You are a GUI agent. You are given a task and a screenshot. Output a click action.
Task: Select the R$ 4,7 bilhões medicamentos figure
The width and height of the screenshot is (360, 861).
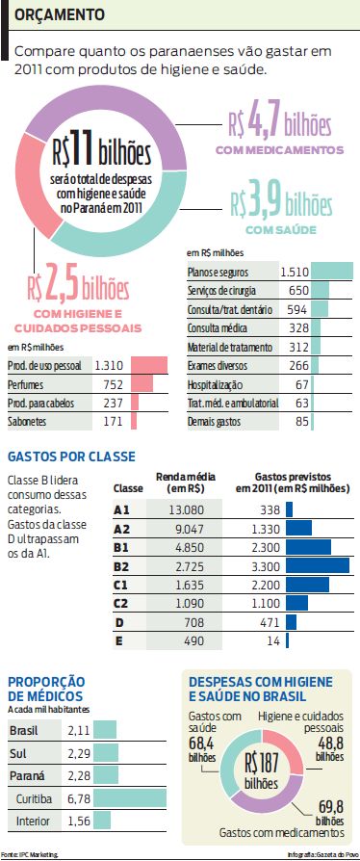click(279, 124)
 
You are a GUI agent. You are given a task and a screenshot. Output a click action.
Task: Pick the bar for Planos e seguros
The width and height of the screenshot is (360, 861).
click(332, 272)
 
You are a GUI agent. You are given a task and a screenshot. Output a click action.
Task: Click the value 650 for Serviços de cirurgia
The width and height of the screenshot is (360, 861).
click(297, 290)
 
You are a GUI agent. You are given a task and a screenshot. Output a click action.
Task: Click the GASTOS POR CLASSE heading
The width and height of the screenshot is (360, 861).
click(71, 457)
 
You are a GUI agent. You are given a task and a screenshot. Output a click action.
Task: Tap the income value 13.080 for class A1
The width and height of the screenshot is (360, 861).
click(184, 509)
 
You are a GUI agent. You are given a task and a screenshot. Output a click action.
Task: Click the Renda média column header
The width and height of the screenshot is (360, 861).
click(184, 483)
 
